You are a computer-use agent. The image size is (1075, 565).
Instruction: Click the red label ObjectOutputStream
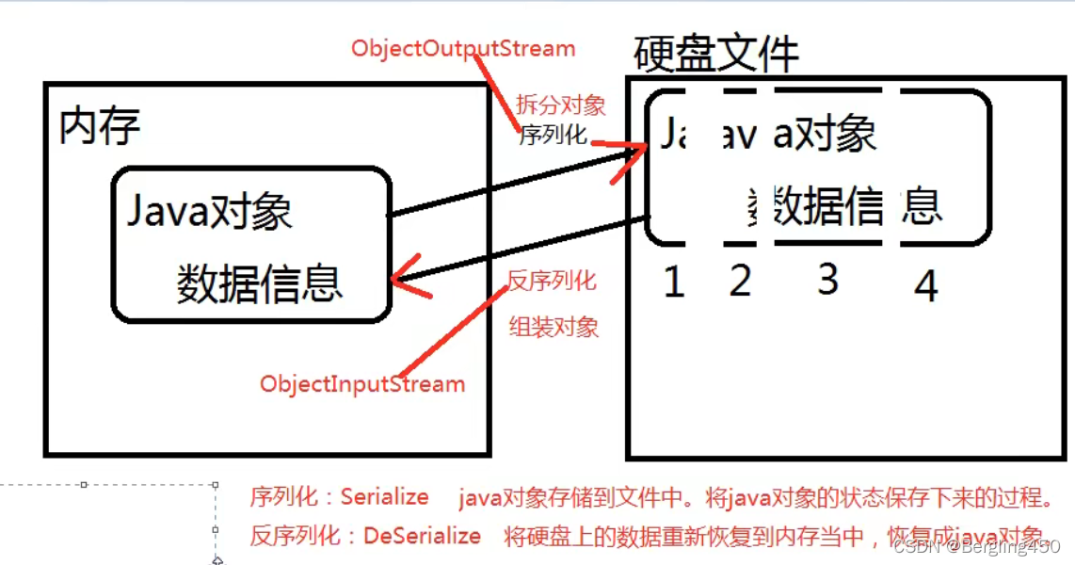462,47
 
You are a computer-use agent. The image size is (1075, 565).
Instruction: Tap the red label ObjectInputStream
362,384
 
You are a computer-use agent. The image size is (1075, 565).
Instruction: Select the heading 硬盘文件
716,54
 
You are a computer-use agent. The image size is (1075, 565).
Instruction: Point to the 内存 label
99,125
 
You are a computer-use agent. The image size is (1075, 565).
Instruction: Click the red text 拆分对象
560,105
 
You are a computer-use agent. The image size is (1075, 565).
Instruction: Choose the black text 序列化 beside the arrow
553,135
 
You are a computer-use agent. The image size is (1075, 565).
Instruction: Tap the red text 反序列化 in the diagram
552,281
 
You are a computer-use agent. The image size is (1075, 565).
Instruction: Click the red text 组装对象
554,328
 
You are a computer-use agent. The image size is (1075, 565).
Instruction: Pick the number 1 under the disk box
673,282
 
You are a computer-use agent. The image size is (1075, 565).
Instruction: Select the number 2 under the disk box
740,280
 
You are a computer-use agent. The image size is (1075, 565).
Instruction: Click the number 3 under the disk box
827,279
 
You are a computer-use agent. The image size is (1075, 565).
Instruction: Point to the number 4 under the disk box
926,285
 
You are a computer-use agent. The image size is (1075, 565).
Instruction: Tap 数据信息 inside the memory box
259,283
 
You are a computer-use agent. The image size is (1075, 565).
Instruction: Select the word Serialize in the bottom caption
384,497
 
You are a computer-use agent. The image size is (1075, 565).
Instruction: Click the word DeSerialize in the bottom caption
422,537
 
